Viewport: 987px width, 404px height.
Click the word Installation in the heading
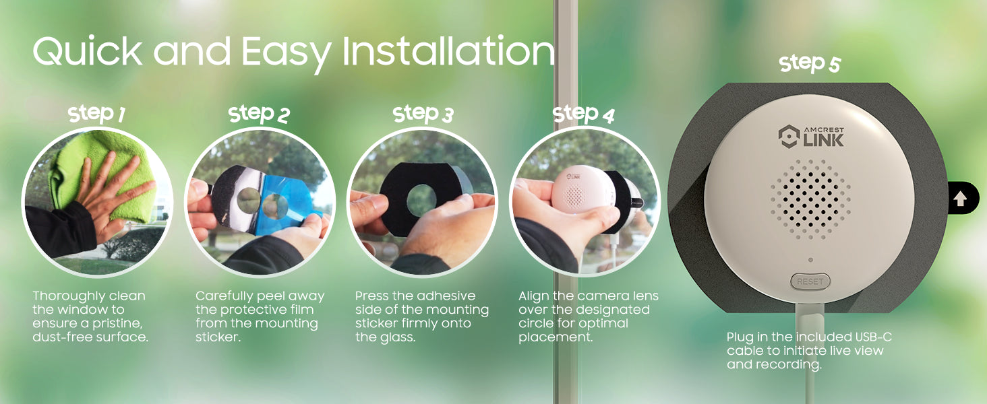[449, 51]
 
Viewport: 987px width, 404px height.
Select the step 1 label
[97, 114]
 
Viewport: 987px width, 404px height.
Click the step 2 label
[259, 114]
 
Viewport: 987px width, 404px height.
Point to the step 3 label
[423, 114]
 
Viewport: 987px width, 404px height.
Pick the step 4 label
[584, 114]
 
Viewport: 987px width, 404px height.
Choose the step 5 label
[810, 64]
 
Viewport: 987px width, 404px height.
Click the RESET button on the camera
[810, 281]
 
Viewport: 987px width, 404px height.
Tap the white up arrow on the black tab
[960, 199]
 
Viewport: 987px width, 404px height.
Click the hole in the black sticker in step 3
[422, 199]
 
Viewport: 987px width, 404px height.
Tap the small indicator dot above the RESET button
[810, 260]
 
